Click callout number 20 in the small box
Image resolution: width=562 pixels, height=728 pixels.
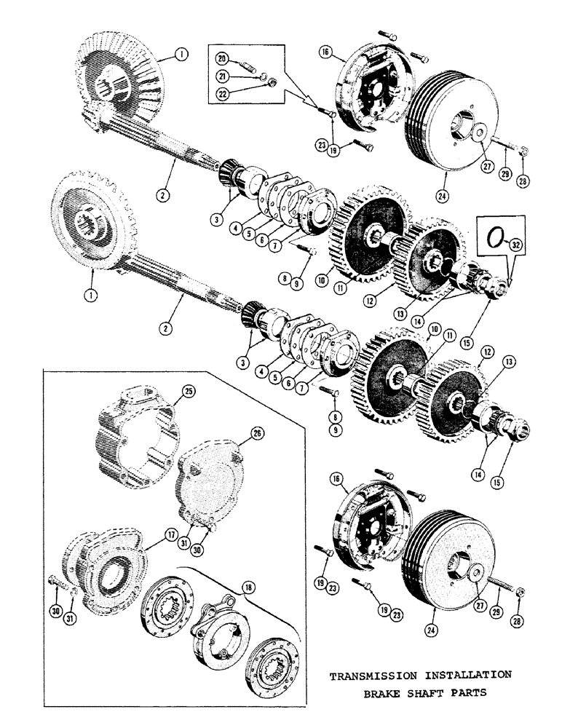coord(223,58)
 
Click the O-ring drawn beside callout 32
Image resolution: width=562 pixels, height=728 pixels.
coord(494,237)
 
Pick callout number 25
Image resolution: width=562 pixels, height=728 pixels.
coord(189,392)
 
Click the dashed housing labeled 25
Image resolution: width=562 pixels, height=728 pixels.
coord(136,430)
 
